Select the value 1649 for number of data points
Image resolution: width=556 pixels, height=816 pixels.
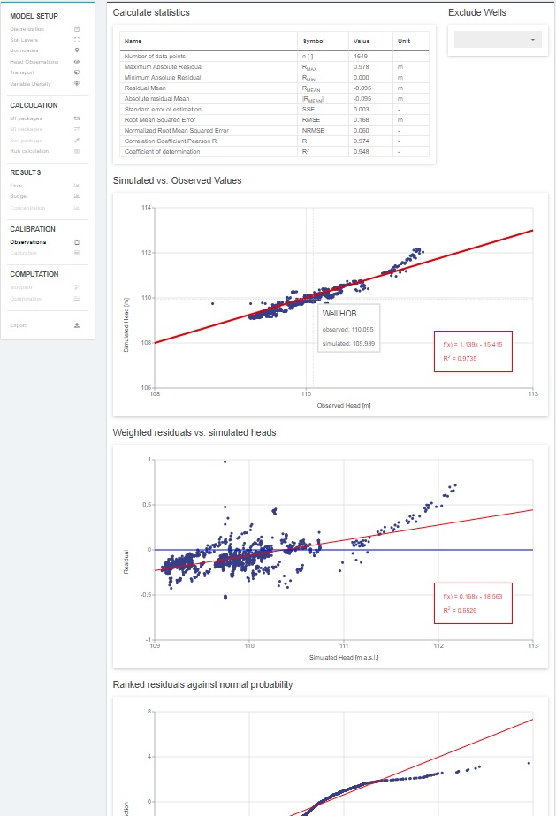(361, 56)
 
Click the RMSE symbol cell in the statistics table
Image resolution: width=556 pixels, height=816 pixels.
(311, 119)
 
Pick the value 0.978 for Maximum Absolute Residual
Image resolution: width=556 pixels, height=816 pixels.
(361, 66)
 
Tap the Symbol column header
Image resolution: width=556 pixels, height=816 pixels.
(314, 41)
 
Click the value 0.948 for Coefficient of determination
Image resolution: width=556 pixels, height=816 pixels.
(361, 151)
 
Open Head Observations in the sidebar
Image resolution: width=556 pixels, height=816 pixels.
(34, 62)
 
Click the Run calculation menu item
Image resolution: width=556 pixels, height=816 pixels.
(29, 151)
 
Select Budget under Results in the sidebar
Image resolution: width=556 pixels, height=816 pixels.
(19, 197)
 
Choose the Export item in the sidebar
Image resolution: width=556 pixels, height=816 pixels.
(19, 325)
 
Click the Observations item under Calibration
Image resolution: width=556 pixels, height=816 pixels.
(28, 241)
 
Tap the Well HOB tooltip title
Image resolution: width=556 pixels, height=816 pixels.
(339, 313)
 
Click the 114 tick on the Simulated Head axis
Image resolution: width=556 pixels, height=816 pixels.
(148, 207)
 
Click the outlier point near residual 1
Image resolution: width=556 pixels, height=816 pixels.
(225, 461)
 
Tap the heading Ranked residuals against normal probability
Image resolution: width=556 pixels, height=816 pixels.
(203, 684)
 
